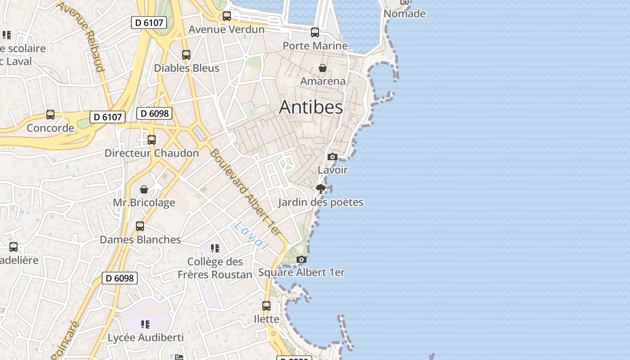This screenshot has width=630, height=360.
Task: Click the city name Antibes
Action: [311, 107]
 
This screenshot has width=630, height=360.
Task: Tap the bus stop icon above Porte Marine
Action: [315, 32]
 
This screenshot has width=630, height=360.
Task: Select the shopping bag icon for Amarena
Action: [323, 68]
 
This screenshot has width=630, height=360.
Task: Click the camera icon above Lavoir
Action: [333, 157]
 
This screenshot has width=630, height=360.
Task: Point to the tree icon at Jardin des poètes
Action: [321, 189]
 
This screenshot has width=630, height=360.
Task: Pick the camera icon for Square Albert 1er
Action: [301, 259]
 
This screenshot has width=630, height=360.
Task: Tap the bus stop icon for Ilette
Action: [266, 306]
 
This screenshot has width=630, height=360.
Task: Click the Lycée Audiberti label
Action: [146, 337]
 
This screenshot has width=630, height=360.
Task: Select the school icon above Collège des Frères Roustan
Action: [215, 248]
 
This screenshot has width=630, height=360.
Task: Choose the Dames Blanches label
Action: [140, 239]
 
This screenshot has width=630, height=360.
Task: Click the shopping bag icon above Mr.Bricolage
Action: [144, 189]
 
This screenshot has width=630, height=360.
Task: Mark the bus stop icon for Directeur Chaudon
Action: [152, 140]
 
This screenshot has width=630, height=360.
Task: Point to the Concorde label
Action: [50, 128]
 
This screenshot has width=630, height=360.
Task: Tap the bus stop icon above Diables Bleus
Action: [186, 55]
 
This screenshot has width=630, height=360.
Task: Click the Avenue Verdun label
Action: [226, 29]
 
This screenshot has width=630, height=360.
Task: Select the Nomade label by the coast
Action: [405, 13]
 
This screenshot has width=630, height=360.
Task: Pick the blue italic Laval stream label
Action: [251, 236]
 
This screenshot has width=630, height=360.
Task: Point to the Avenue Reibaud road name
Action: [81, 36]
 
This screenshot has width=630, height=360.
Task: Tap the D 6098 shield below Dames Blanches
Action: [119, 278]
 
